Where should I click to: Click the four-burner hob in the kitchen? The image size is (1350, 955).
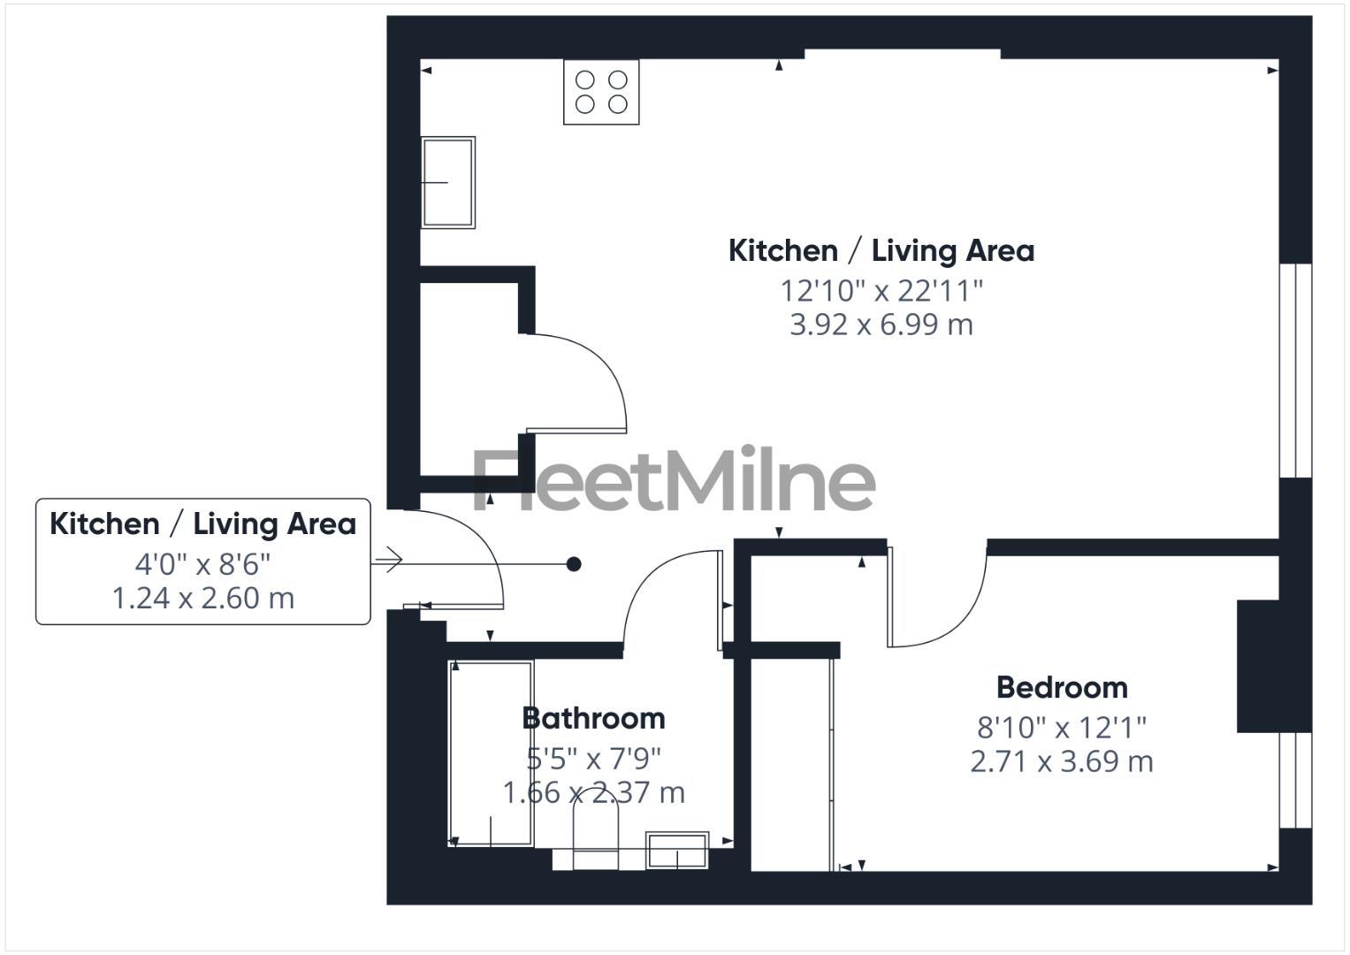[601, 92]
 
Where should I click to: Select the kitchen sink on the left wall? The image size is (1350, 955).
[448, 182]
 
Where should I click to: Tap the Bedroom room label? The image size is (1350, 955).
[1062, 687]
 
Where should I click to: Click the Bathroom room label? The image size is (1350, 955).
[593, 718]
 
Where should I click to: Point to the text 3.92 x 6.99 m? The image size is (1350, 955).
[881, 325]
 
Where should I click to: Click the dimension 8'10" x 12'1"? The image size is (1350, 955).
[1061, 727]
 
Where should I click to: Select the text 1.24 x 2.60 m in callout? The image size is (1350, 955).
[202, 599]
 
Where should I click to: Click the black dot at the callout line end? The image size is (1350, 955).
[574, 564]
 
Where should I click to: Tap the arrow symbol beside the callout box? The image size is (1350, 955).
[388, 560]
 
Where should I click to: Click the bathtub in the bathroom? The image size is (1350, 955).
[492, 753]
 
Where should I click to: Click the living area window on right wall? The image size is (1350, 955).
[1296, 371]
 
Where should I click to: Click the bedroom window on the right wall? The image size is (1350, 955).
[1296, 780]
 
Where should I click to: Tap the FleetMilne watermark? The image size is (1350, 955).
[675, 480]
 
